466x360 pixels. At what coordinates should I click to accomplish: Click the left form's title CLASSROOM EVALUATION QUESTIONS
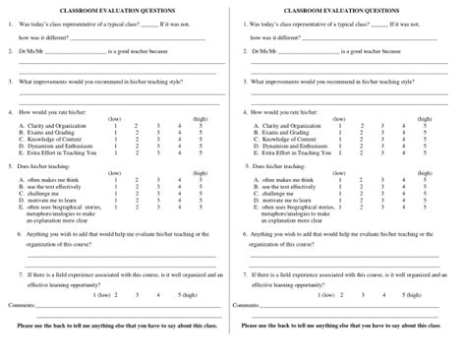(116, 8)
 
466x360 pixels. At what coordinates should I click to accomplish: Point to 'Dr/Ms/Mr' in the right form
(266, 48)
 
